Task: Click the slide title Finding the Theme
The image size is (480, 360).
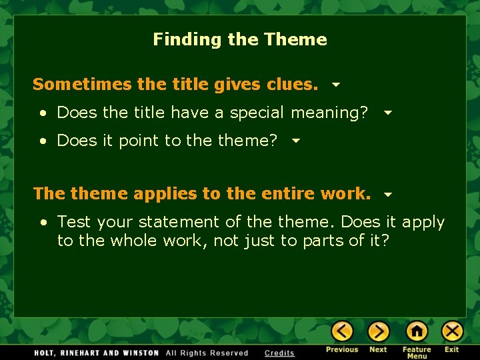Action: click(240, 39)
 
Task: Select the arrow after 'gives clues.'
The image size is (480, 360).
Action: click(336, 85)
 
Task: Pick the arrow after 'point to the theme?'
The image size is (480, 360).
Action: click(296, 141)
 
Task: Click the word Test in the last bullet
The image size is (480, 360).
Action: click(71, 222)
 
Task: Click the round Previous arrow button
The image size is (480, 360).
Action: click(342, 331)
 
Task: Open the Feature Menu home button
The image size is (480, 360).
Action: click(417, 331)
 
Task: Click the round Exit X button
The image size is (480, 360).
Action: click(452, 331)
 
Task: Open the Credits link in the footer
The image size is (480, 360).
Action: click(279, 353)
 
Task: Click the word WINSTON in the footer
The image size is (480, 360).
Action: click(141, 353)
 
